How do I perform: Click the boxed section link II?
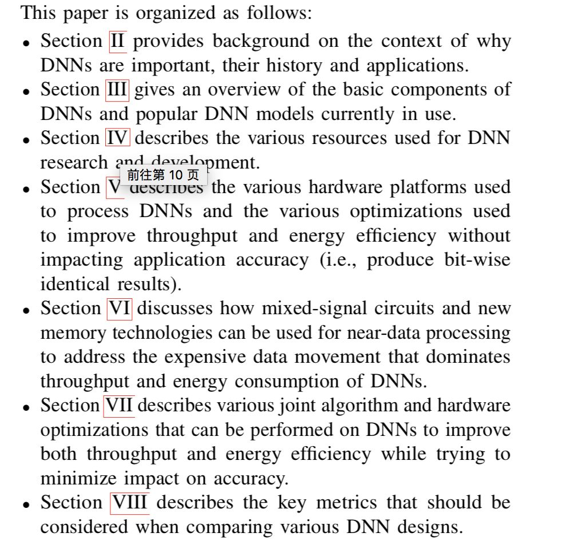point(117,41)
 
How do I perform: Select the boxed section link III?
point(117,90)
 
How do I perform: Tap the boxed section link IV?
point(118,138)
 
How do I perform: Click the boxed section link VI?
point(119,308)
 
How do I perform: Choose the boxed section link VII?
point(119,406)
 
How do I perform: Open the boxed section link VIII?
point(130,503)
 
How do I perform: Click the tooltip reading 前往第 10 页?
point(163,174)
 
